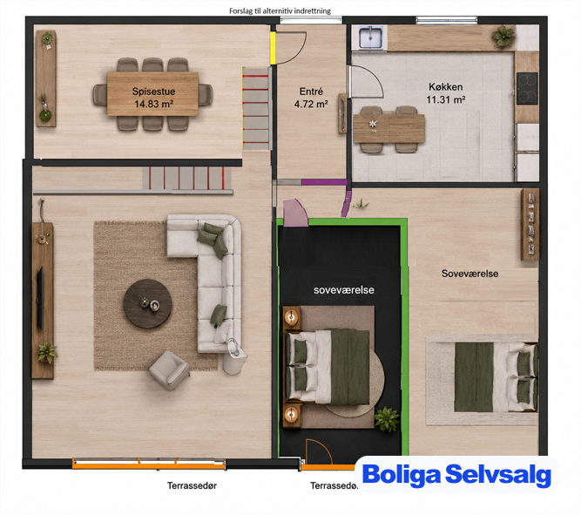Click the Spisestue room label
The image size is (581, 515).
point(153,91)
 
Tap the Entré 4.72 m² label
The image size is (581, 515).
point(311,98)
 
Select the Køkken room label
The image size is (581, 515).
point(445,87)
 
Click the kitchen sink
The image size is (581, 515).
point(370,37)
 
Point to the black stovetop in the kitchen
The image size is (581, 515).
point(527,88)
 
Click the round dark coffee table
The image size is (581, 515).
point(147,303)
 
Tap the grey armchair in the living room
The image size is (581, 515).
point(169,370)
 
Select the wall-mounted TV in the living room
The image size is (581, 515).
point(40,298)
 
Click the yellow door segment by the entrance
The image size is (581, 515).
point(273,48)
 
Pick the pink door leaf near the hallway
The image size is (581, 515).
point(295,213)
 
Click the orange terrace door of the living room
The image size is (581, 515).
point(149,464)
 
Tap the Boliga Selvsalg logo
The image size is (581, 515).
point(456,474)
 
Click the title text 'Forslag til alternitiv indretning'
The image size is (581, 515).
point(280,11)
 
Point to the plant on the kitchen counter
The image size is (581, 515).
point(503,37)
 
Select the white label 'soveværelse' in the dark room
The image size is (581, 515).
point(344,290)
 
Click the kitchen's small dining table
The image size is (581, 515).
point(388,128)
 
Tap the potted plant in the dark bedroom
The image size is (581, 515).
point(388,419)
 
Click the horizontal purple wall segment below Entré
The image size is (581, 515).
point(324,182)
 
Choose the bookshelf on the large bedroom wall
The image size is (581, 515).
point(530,224)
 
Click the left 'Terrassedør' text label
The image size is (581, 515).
point(192,485)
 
